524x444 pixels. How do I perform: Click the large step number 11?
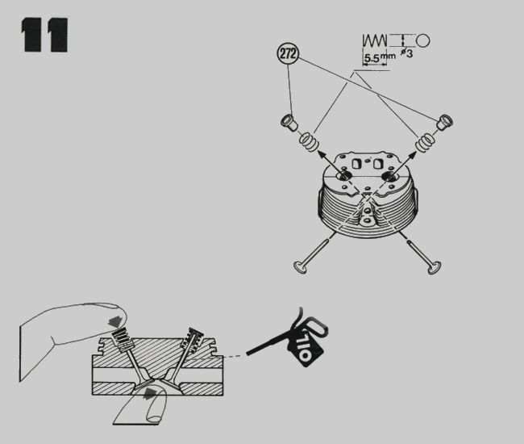pyautogui.click(x=45, y=35)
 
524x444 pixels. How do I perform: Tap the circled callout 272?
pyautogui.click(x=288, y=53)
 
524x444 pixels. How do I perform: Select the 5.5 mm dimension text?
pyautogui.click(x=379, y=57)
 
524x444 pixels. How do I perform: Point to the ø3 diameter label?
pyautogui.click(x=406, y=52)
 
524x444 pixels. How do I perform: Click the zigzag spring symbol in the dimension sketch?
pyautogui.click(x=375, y=40)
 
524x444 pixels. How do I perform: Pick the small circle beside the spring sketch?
pyautogui.click(x=422, y=40)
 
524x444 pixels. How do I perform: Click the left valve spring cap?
pyautogui.click(x=289, y=123)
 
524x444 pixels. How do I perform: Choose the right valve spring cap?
pyautogui.click(x=445, y=122)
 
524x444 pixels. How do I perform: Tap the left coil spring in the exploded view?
pyautogui.click(x=309, y=142)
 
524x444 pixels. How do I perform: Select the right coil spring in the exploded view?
pyautogui.click(x=425, y=142)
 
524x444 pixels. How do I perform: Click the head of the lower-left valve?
pyautogui.click(x=300, y=267)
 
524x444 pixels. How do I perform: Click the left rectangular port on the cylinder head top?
pyautogui.click(x=356, y=164)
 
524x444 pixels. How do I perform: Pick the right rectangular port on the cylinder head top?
pyautogui.click(x=378, y=164)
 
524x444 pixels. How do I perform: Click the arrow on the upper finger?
pyautogui.click(x=114, y=321)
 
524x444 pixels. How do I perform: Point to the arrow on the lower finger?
pyautogui.click(x=151, y=393)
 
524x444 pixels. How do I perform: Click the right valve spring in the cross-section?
pyautogui.click(x=192, y=337)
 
